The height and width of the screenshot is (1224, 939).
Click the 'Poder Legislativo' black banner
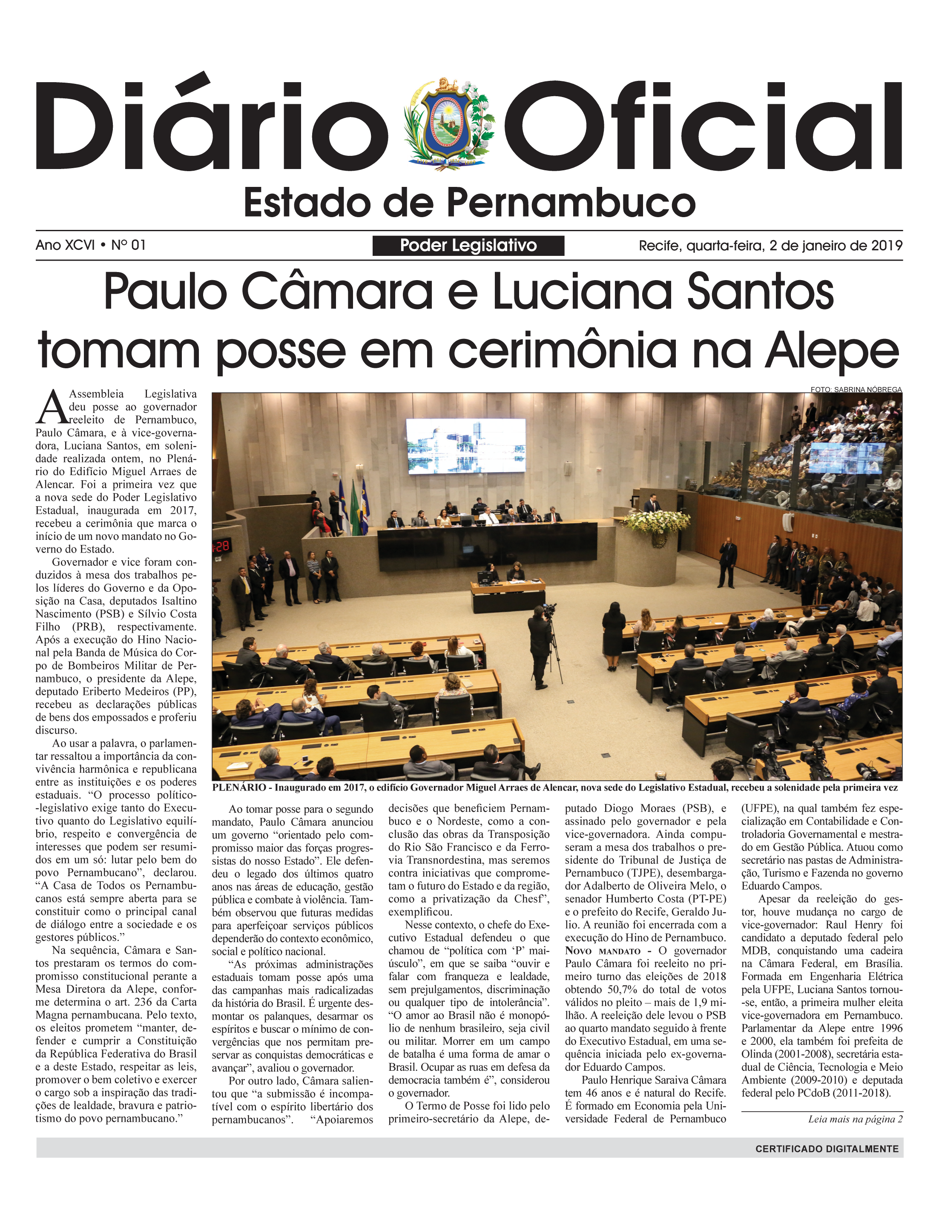tap(468, 246)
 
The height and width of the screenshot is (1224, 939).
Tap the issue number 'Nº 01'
tap(129, 245)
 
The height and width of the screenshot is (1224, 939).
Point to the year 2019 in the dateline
tap(887, 246)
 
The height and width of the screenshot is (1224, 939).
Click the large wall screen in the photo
tap(465, 446)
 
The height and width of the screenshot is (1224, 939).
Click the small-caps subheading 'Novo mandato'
tap(603, 951)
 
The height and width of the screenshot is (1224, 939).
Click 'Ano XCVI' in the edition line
tap(65, 245)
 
